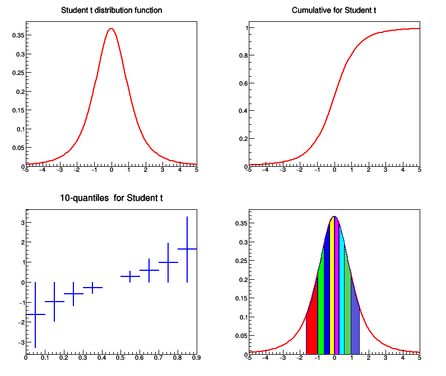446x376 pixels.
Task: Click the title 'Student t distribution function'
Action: coord(111,11)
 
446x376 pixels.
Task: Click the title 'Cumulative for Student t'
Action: coord(334,11)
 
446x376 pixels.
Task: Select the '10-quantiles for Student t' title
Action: coord(111,198)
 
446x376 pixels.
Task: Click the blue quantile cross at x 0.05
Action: coord(36,314)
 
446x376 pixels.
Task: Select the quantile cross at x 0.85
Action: coord(187,248)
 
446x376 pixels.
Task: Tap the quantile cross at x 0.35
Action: coord(92,288)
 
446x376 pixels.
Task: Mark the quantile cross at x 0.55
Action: coord(131,276)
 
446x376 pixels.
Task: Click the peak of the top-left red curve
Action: coord(112,29)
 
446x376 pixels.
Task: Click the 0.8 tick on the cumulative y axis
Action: coord(244,55)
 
